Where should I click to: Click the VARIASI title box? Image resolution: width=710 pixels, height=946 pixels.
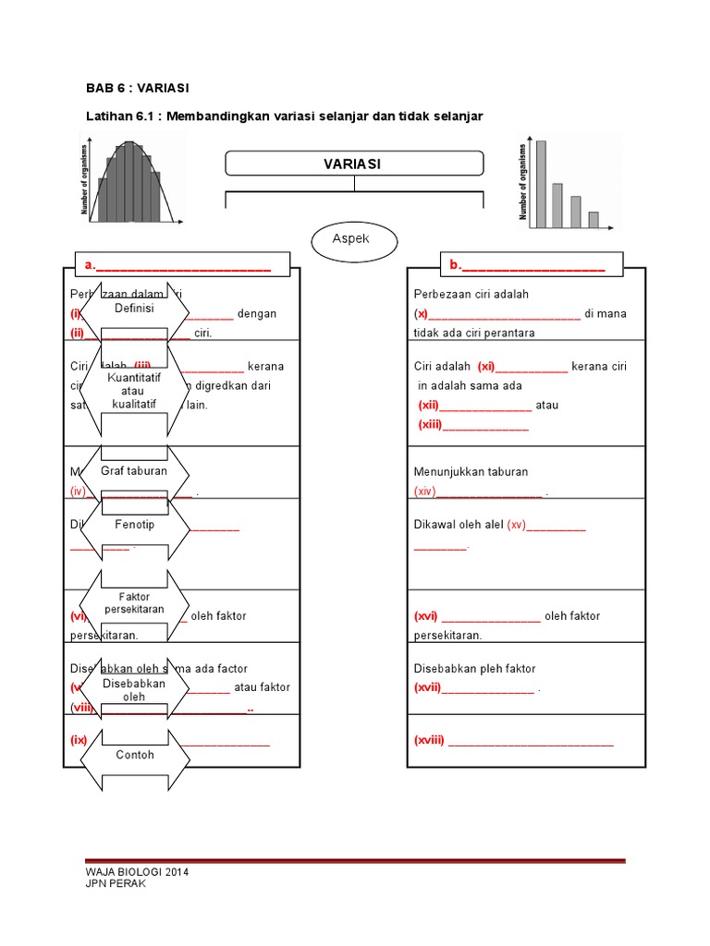coord(354,164)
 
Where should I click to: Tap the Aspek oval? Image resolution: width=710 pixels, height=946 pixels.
coord(352,240)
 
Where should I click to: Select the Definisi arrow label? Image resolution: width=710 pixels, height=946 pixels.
coord(134,308)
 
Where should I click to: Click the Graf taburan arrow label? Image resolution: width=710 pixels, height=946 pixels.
coord(134,471)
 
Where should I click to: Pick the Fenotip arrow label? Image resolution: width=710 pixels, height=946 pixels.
coord(134,525)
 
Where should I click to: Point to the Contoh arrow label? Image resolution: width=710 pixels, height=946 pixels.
coord(134,755)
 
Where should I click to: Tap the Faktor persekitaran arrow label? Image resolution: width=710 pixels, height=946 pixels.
coord(134,603)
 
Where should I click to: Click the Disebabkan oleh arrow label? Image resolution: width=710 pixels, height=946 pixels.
coord(134,690)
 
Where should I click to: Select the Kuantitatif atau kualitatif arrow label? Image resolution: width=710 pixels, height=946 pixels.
coord(134,391)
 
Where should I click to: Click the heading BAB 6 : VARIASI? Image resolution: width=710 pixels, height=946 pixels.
coord(137,88)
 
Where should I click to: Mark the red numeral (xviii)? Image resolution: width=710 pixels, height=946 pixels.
coord(430,741)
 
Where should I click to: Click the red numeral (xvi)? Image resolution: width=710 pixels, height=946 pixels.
coord(426,616)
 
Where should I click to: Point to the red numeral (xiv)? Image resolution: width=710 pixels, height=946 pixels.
coord(424,492)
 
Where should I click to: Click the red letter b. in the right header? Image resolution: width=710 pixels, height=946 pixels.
coord(455,266)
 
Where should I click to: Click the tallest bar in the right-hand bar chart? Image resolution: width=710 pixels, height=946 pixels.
coord(541,184)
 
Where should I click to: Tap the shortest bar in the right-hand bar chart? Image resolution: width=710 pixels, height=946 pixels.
coord(594,220)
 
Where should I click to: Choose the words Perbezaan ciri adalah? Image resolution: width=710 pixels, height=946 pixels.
coord(471,295)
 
